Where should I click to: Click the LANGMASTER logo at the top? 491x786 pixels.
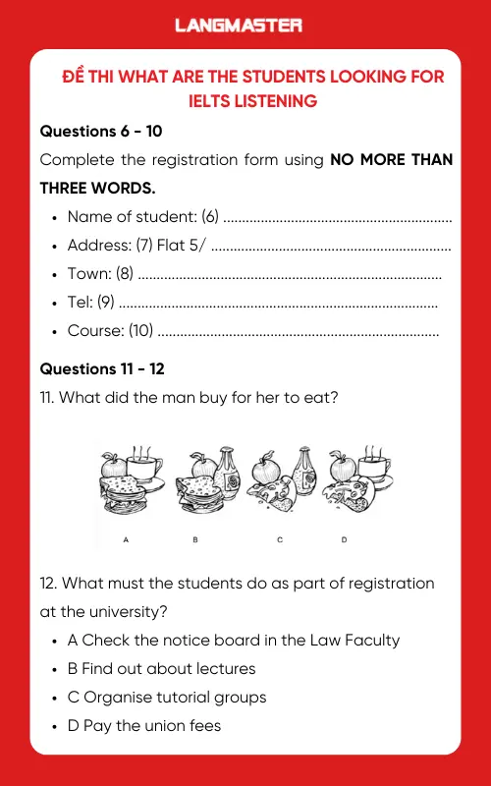point(239,26)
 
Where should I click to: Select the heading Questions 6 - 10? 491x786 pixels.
point(96,131)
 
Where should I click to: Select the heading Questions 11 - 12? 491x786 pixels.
point(101,368)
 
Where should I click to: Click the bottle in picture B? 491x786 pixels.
point(229,472)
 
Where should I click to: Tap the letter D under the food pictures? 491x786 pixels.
point(344,539)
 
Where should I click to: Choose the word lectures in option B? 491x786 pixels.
point(223,668)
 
